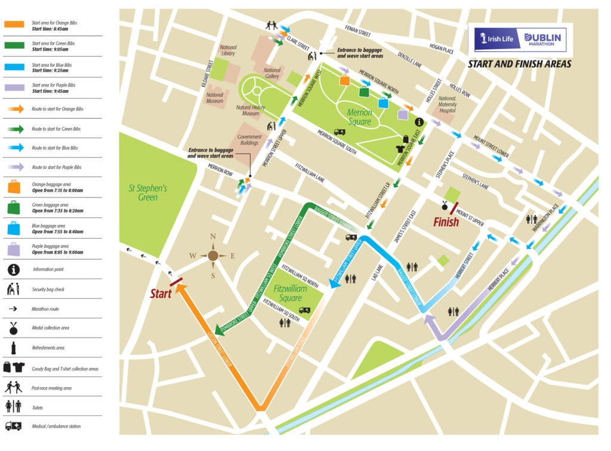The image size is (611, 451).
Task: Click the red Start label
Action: coord(161,294)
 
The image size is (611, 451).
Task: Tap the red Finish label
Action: coord(446,222)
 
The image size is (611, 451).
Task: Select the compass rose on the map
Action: coord(213,256)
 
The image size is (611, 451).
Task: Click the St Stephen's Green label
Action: coord(148,193)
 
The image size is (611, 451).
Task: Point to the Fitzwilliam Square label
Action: coord(291,293)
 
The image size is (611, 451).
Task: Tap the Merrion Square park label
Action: coord(359,117)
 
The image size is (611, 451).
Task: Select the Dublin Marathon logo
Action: coord(542,39)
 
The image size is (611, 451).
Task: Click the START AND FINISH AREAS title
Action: coord(519,64)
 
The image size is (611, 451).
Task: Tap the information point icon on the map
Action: coord(419,122)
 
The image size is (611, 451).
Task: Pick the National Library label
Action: coord(228,51)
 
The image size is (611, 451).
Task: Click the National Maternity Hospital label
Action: coord(448,105)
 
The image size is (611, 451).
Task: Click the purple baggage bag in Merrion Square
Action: coord(403,114)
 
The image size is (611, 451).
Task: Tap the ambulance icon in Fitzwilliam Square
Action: coord(305,310)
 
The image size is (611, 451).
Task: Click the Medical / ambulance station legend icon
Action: coord(14,426)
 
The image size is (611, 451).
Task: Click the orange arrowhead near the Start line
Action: coord(181,289)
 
